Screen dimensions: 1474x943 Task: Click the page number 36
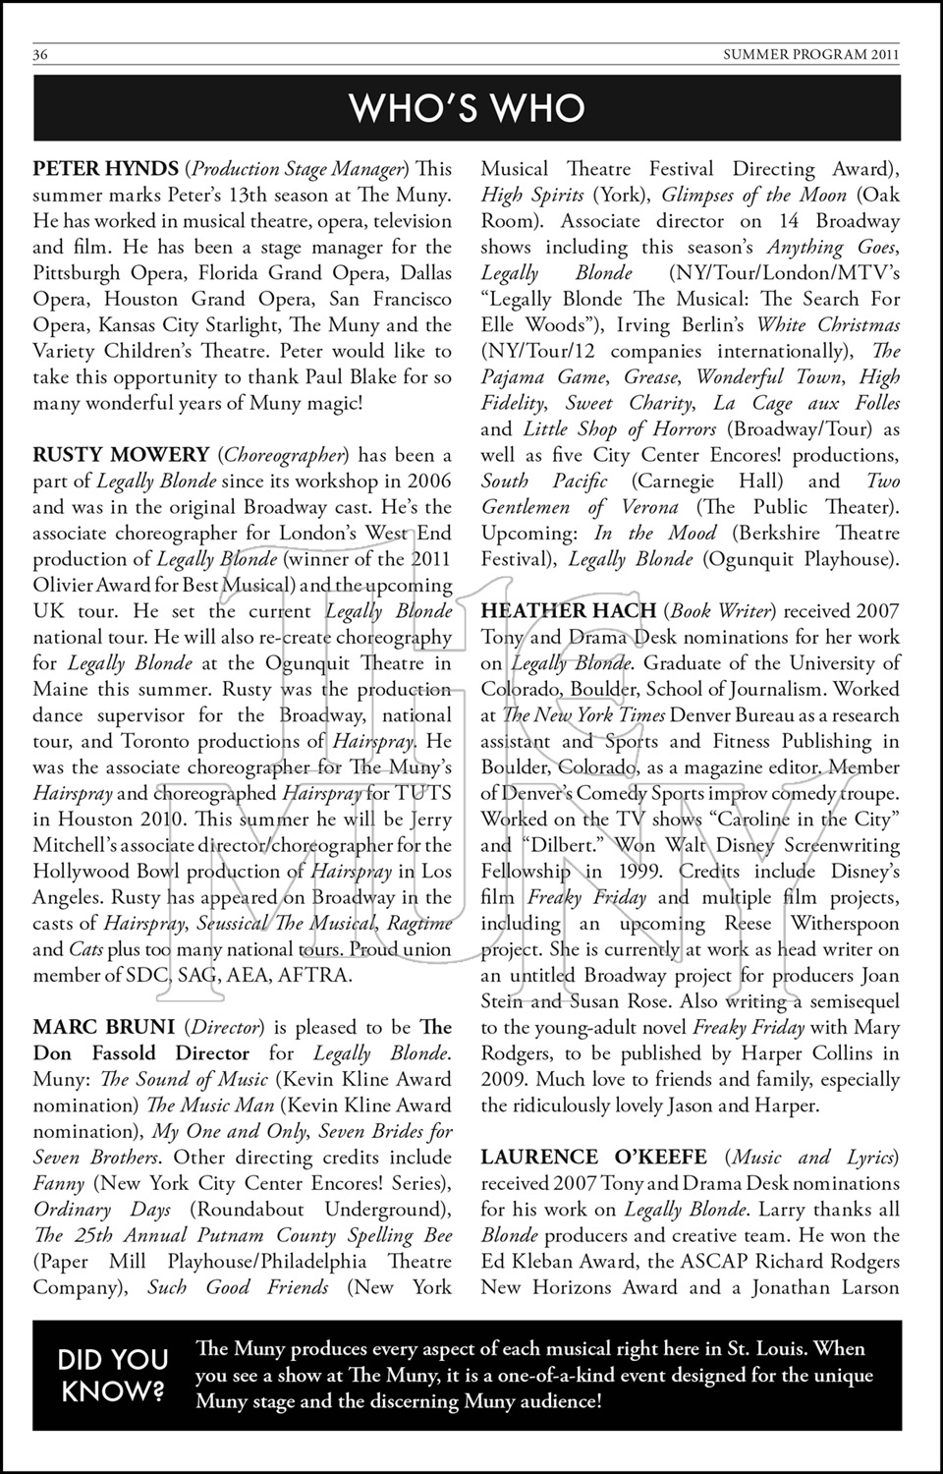pyautogui.click(x=40, y=55)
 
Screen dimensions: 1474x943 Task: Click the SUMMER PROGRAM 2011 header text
pyautogui.click(x=810, y=55)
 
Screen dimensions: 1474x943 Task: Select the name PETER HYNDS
pyautogui.click(x=105, y=169)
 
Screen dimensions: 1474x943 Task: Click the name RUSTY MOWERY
pyautogui.click(x=121, y=455)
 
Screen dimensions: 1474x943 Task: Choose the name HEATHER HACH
pyautogui.click(x=569, y=611)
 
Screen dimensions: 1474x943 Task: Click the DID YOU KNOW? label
pyautogui.click(x=113, y=1374)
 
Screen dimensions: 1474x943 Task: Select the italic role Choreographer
pyautogui.click(x=284, y=455)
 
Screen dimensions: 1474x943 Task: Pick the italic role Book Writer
pyautogui.click(x=717, y=611)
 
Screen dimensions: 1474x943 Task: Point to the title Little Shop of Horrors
pyautogui.click(x=620, y=428)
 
